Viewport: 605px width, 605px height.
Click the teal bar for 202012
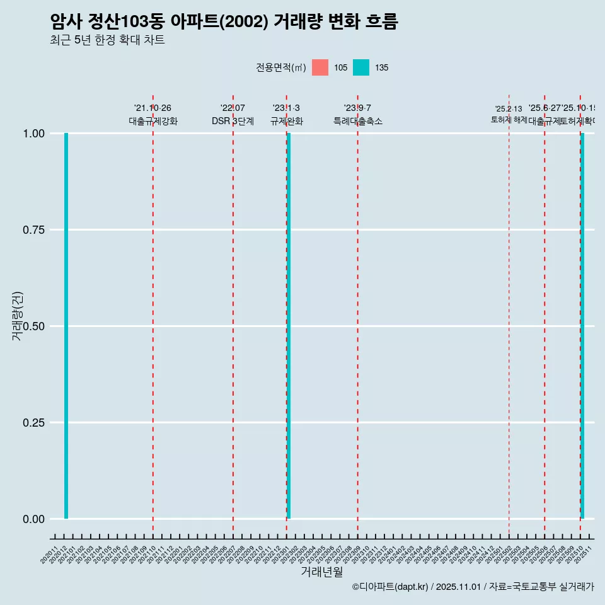(66, 326)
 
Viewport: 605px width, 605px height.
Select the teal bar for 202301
(289, 326)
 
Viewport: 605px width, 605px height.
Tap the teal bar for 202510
(583, 326)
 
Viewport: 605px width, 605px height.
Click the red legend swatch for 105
(320, 67)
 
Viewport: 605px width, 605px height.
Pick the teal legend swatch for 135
(361, 67)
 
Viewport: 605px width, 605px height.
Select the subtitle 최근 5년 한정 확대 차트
(107, 40)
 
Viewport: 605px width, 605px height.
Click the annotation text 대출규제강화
(153, 121)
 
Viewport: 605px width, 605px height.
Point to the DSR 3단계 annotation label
(233, 121)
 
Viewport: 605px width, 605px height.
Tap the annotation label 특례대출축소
(358, 121)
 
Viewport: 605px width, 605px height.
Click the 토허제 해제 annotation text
(509, 120)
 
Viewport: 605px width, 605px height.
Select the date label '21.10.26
(153, 108)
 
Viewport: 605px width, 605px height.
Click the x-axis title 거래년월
(321, 572)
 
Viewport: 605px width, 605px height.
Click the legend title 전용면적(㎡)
(281, 67)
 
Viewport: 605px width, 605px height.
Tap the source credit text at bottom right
(473, 587)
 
